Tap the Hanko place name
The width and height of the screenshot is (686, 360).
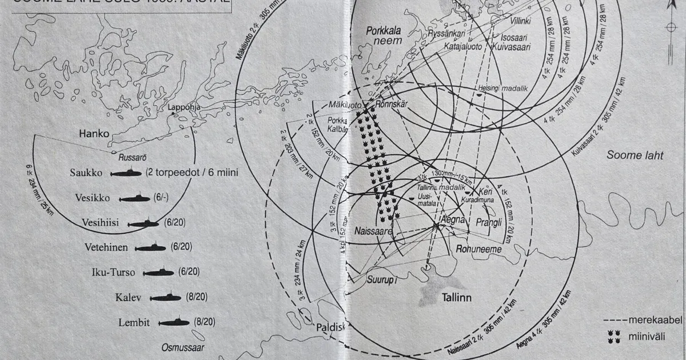(94, 135)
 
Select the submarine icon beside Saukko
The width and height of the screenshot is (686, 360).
(126, 172)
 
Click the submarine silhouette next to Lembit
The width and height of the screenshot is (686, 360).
(174, 323)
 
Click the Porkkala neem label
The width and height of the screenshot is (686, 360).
(385, 36)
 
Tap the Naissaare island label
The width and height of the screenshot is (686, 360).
(373, 233)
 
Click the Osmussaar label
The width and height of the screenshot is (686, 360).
(182, 347)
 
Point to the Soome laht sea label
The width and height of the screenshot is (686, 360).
(635, 155)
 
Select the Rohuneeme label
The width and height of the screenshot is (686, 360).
(478, 249)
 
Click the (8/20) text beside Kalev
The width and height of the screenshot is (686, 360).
(197, 297)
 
